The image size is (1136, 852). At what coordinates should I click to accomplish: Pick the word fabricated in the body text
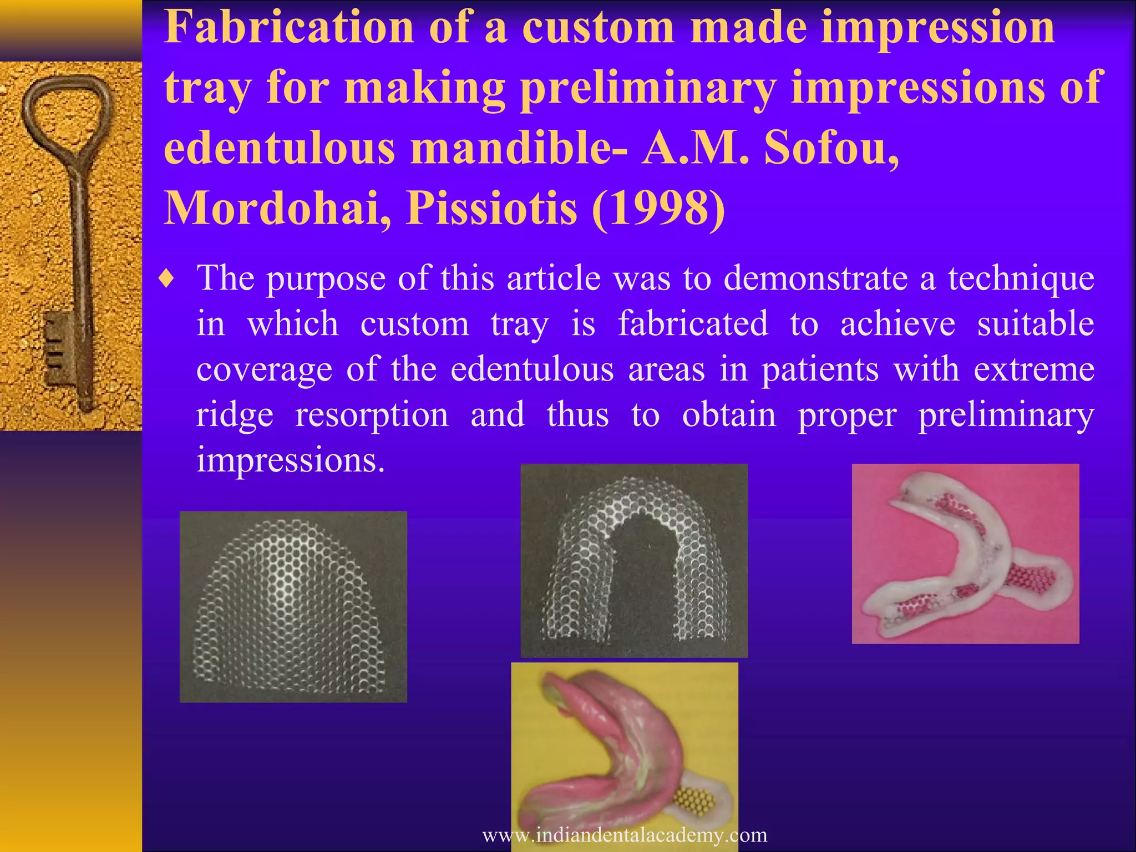coord(693,324)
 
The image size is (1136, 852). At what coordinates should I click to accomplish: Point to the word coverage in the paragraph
coord(264,370)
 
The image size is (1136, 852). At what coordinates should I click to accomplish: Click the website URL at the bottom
coord(625,835)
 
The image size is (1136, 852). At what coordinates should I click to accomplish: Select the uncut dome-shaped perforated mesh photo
coord(293,607)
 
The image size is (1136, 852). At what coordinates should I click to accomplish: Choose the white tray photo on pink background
coord(965,554)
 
